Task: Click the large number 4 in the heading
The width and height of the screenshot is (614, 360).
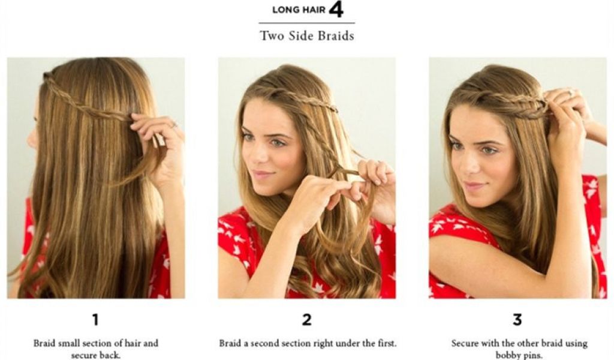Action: [x=336, y=10]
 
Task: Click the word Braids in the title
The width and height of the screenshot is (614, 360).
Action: [x=336, y=36]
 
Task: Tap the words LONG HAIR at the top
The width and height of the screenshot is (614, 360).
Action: [x=299, y=10]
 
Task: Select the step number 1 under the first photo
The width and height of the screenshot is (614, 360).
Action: [x=95, y=320]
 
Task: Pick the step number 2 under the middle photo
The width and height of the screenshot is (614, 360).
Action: [x=306, y=320]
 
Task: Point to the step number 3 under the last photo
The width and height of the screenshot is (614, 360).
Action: [x=517, y=320]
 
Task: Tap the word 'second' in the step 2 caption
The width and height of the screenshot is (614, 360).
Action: [x=265, y=344]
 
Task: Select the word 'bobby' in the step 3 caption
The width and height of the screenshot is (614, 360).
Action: [x=507, y=355]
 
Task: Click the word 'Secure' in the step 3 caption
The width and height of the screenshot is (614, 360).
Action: [x=465, y=344]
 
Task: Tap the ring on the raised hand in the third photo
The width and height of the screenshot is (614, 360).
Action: [x=571, y=93]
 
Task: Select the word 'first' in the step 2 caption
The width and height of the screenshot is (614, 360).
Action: [x=387, y=344]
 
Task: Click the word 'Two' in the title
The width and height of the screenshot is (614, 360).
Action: [x=270, y=36]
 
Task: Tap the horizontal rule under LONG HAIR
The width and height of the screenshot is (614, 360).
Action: [x=306, y=23]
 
